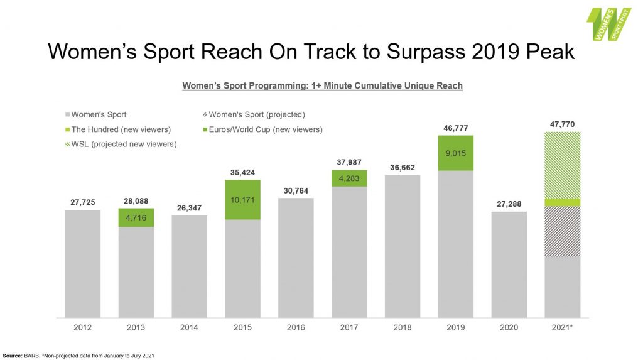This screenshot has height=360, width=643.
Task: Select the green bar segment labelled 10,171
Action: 242,200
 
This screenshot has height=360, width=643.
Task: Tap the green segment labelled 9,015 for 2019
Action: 456,153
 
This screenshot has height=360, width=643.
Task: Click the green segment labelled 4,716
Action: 136,217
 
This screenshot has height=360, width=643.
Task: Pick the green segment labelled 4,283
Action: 349,178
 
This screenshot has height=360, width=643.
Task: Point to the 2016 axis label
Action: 296,328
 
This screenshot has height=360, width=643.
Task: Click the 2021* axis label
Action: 562,328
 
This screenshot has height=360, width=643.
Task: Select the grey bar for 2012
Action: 83,264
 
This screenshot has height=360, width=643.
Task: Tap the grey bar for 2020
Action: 509,265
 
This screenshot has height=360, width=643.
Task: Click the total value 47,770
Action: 562,124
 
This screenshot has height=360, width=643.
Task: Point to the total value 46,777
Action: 456,128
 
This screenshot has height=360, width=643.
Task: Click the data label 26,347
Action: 189,207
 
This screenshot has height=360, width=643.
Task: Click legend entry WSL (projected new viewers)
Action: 119,144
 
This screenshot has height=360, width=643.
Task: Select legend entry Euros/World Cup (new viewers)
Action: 263,129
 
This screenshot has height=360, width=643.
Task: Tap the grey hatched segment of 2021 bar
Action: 562,232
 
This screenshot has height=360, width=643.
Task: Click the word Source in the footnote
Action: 13,356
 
